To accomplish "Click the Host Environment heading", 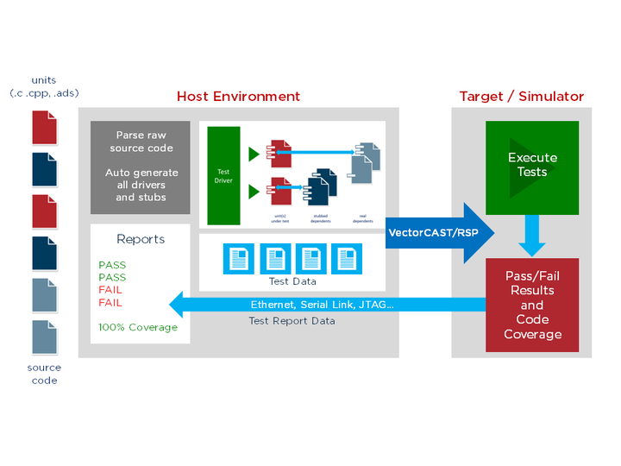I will tap(238, 97).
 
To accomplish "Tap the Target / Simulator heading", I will tap(521, 97).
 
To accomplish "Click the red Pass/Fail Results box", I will tap(532, 305).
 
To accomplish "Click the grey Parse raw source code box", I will tap(141, 167).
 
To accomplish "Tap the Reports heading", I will tap(141, 239).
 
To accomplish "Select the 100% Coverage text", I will tap(138, 327).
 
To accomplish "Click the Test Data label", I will tap(293, 281).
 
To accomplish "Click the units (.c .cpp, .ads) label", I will tap(44, 86).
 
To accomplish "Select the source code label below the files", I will tap(44, 374).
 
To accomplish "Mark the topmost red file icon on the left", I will tap(45, 127).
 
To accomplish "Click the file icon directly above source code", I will tap(45, 337).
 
